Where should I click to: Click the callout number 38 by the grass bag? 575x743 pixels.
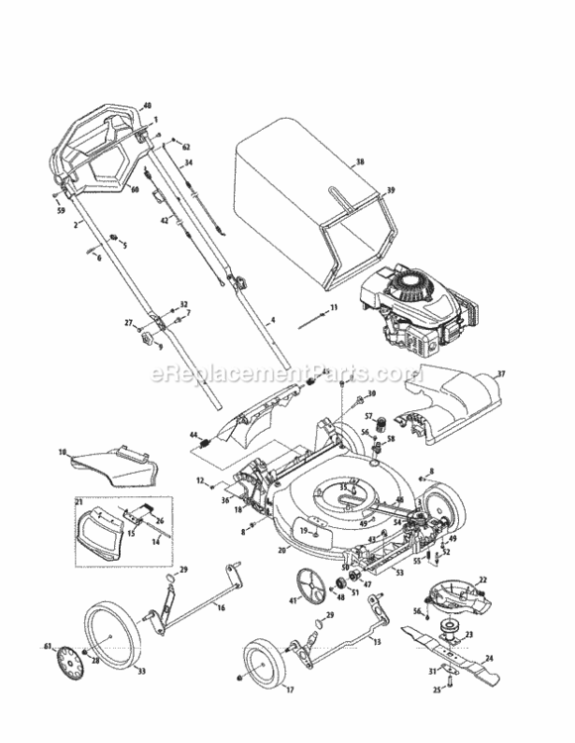coord(360,160)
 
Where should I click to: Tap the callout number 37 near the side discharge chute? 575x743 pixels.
coord(501,373)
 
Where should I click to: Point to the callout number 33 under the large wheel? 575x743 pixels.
coord(141,671)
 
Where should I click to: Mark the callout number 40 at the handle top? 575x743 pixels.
coord(148,105)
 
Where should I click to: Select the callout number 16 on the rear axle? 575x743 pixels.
coord(220,606)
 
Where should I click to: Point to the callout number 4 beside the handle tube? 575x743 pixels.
coord(272,320)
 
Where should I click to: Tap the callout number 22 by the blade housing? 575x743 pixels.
coord(484,580)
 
